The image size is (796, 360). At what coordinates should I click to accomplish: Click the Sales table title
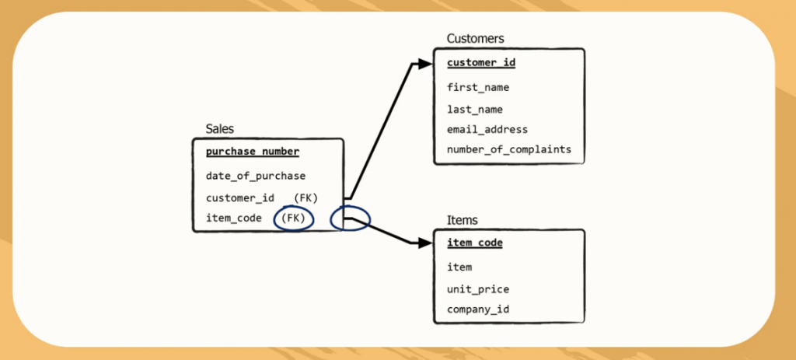click(219, 129)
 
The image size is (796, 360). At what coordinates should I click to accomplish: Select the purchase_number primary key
click(253, 152)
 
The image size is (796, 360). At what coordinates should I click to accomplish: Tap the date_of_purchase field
click(256, 176)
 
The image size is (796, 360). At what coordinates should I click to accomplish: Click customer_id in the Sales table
click(240, 197)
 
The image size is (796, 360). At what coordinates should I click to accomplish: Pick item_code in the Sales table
click(234, 218)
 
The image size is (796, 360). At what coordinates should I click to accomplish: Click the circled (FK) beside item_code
click(294, 218)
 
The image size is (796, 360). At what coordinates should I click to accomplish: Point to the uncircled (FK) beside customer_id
click(306, 197)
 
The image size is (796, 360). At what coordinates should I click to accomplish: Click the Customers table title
click(475, 38)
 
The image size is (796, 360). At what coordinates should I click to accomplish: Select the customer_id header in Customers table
click(481, 62)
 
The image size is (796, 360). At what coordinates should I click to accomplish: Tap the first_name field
click(478, 87)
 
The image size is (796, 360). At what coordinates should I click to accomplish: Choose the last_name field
click(475, 109)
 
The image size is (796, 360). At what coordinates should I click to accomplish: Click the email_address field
click(487, 129)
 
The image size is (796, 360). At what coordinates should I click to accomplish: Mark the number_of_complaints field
click(509, 149)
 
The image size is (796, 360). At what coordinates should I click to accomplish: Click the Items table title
click(462, 220)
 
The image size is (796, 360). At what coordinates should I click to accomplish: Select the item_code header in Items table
click(475, 243)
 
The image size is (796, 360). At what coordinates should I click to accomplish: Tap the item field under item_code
click(459, 267)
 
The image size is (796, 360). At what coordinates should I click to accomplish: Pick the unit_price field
click(478, 288)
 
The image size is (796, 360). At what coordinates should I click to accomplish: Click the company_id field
click(478, 309)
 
